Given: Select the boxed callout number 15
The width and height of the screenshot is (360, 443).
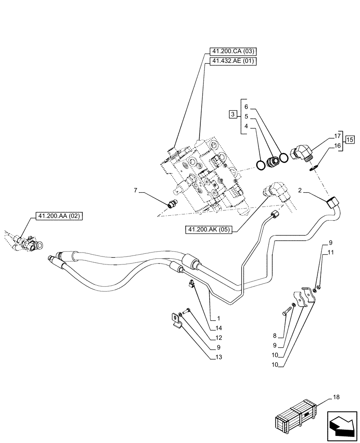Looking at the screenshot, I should point(350,140).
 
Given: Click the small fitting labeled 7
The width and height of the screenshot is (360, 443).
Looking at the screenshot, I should point(172,204).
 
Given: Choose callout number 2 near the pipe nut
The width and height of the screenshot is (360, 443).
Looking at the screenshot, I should point(300,190).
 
